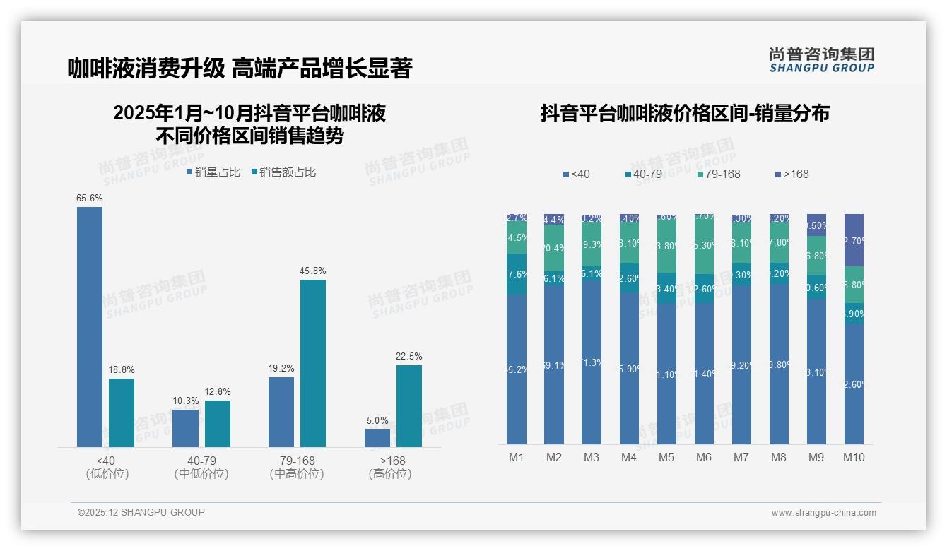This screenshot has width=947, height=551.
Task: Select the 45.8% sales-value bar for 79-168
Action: click(313, 363)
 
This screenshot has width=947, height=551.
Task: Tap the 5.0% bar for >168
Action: click(377, 438)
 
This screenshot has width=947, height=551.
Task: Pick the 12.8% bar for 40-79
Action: click(218, 424)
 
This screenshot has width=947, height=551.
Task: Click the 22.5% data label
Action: click(409, 356)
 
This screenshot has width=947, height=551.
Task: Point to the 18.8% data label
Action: click(122, 369)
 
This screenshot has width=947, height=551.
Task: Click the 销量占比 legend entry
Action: click(213, 172)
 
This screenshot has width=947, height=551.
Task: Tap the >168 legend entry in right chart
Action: click(792, 174)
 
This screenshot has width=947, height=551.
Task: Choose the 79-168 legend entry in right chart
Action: click(718, 174)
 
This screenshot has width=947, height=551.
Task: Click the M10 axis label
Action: click(854, 457)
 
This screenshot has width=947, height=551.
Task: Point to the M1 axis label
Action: click(517, 457)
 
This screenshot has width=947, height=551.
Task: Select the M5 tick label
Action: click(666, 457)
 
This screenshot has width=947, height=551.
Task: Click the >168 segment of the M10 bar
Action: click(854, 240)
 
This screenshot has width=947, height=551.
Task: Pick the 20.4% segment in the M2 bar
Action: click(554, 248)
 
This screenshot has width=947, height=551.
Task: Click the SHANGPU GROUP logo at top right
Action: click(822, 60)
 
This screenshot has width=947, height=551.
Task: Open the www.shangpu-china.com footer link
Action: click(823, 513)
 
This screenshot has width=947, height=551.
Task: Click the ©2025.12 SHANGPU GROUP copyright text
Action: click(141, 512)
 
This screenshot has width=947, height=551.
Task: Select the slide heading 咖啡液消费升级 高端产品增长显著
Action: click(240, 69)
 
